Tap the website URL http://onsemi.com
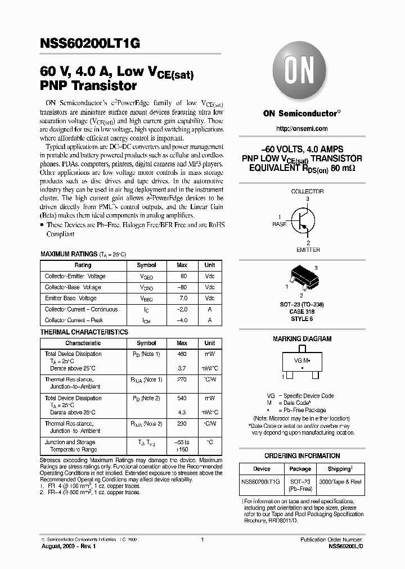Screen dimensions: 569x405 (301, 129)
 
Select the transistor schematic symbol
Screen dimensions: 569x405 (301, 221)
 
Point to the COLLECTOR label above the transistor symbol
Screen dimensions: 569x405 (307, 192)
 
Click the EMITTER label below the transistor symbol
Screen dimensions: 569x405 (308, 250)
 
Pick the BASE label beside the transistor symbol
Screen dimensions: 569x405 (280, 224)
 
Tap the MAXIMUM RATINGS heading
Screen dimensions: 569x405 (68, 255)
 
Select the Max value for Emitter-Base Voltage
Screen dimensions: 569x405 (182, 299)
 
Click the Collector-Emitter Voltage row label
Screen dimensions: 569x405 (75, 277)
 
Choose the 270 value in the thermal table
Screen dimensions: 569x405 (182, 380)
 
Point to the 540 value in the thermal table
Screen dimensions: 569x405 (182, 398)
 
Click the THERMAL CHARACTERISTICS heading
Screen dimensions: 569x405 (84, 332)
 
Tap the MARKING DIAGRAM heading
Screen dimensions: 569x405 (302, 339)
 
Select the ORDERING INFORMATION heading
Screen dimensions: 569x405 (302, 456)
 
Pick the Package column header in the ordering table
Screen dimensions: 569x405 (300, 469)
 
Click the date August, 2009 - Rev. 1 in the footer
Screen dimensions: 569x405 (70, 547)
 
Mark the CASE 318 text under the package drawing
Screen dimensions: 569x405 (302, 311)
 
